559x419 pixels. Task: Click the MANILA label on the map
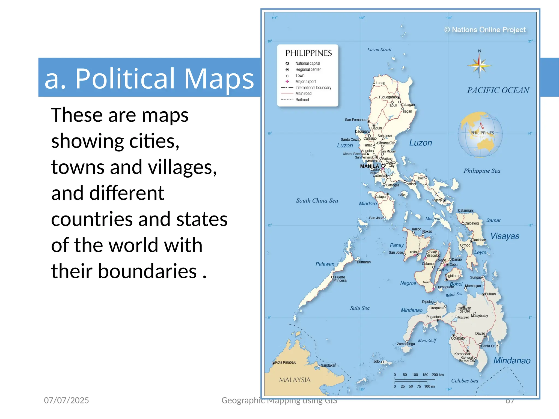[x=369, y=166]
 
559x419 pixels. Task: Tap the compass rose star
[x=479, y=66]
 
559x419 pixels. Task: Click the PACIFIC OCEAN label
[x=498, y=90]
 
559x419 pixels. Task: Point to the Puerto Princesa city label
[x=340, y=279]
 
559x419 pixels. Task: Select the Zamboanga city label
[x=406, y=344]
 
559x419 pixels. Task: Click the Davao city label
[x=480, y=333]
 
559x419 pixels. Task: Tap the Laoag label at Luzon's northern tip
[x=380, y=83]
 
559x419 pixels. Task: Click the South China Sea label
[x=317, y=201]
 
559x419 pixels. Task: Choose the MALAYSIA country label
[x=295, y=380]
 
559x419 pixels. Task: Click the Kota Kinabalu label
[x=286, y=362]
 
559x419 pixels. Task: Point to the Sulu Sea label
[x=360, y=308]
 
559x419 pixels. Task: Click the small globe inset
[x=480, y=134]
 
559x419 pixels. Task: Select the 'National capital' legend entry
[x=307, y=63]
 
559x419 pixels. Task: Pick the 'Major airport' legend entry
[x=305, y=82]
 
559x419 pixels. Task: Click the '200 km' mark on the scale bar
[x=438, y=375]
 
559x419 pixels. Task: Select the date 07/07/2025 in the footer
[x=66, y=400]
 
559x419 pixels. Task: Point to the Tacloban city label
[x=479, y=240]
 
